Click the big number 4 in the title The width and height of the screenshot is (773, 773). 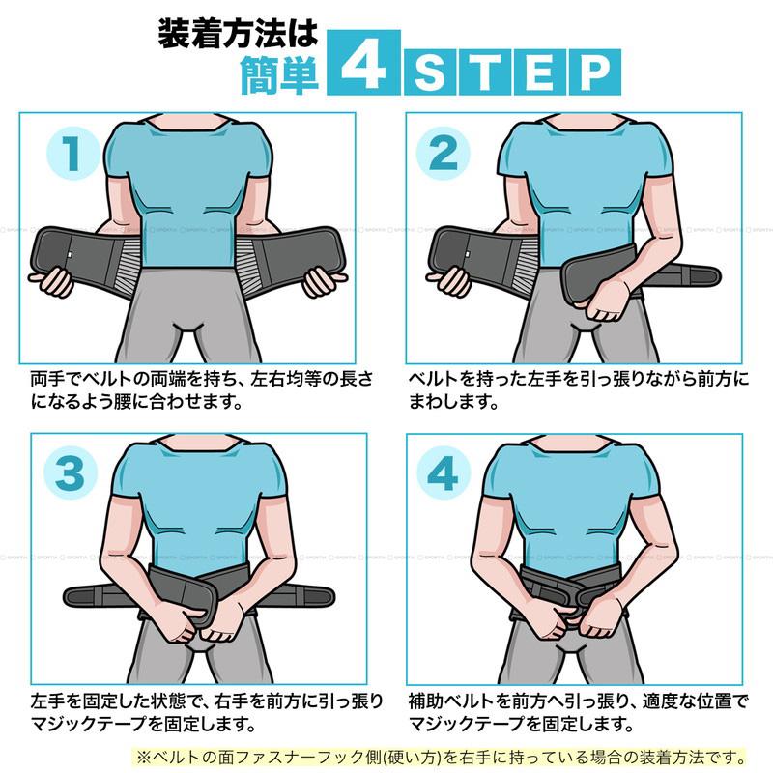363,63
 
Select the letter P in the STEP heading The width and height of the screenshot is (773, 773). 595,72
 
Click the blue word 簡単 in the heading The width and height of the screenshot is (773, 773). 279,75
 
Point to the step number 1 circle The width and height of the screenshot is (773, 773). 72,154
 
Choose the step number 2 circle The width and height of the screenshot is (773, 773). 443,154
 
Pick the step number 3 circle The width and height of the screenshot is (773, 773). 71,472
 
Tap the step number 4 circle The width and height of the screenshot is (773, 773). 444,472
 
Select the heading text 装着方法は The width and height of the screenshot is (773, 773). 238,34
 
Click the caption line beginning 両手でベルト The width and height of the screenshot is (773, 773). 201,379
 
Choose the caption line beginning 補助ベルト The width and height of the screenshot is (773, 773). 578,701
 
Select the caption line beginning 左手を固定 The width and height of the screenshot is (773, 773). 207,701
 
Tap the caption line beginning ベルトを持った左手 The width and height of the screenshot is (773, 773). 578,379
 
